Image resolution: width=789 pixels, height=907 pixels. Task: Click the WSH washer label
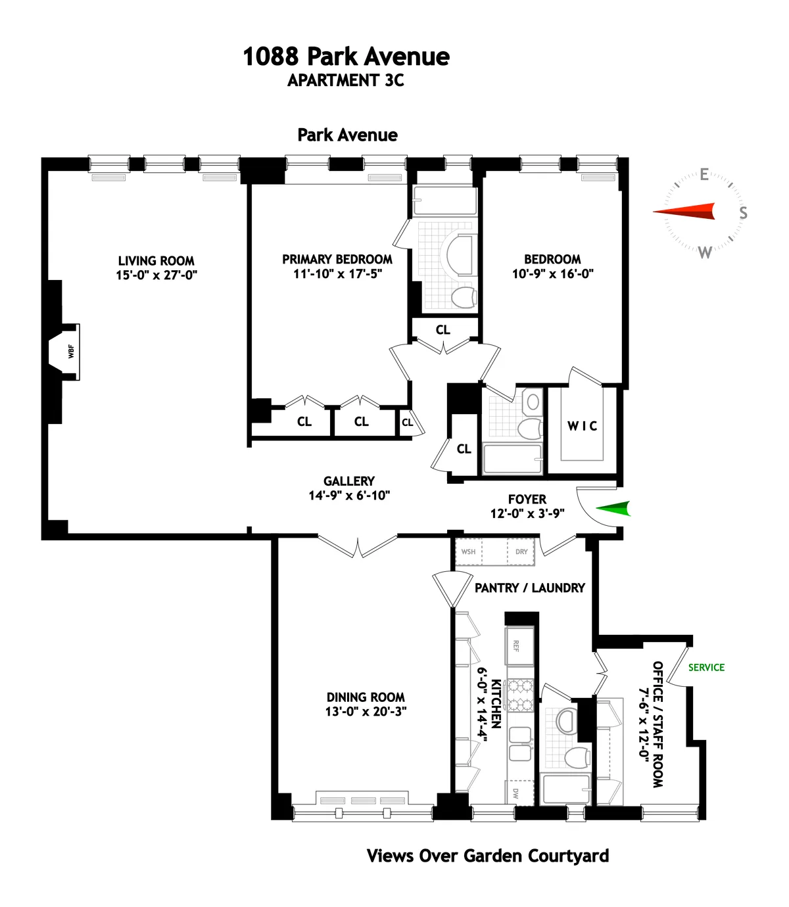468,552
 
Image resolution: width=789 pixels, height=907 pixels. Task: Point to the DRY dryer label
521,552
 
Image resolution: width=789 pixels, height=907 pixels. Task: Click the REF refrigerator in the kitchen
517,646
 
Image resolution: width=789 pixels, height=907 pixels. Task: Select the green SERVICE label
706,668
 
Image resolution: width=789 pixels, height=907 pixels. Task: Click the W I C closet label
583,427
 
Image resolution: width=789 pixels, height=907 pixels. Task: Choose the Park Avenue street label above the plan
347,135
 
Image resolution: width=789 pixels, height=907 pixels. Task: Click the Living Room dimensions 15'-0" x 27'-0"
156,275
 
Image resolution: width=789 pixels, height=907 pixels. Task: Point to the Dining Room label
366,697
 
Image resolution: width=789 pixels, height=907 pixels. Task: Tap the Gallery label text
349,482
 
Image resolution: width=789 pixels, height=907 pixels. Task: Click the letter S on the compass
743,213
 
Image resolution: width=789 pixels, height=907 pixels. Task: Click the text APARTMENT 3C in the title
346,81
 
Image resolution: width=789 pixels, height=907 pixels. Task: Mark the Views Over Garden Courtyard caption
487,856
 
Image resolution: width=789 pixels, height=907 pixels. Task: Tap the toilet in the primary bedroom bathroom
464,297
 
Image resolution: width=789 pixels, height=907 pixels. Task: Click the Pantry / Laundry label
529,588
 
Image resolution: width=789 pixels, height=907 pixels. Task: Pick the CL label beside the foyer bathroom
464,449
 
